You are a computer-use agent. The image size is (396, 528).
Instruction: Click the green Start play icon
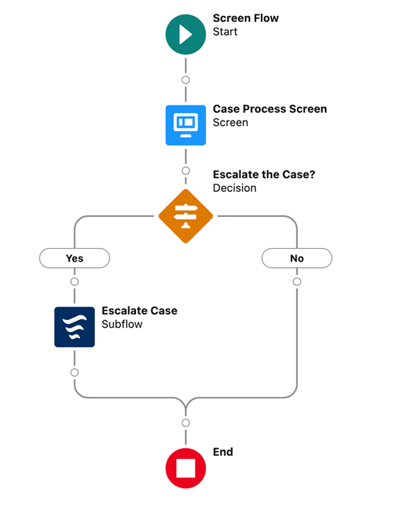(x=185, y=35)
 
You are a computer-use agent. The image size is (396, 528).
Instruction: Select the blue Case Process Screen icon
(x=185, y=124)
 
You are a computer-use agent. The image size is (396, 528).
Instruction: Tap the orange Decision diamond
(x=185, y=215)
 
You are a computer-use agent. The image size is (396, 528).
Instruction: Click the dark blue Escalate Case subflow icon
(x=74, y=327)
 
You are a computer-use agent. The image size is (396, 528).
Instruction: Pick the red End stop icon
(x=185, y=467)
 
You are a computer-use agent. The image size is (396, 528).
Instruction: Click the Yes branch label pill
(x=74, y=258)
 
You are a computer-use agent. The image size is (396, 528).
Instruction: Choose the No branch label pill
(x=296, y=258)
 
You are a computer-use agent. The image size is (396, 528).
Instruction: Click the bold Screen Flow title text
(x=246, y=18)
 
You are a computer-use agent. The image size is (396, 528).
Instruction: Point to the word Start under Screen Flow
(x=225, y=32)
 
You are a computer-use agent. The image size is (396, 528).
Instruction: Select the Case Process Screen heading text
(x=270, y=108)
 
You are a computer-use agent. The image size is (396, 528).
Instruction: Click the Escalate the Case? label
(x=264, y=174)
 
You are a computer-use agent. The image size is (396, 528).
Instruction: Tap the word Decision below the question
(x=236, y=187)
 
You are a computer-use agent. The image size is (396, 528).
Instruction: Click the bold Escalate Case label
(x=139, y=311)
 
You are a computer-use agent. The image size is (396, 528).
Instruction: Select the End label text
(x=223, y=451)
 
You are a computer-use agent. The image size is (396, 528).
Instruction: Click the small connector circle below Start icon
(x=185, y=80)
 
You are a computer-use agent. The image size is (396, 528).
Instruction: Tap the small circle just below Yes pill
(x=74, y=281)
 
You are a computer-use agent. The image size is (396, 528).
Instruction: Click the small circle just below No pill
(x=296, y=281)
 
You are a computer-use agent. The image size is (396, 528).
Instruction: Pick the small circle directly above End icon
(x=185, y=423)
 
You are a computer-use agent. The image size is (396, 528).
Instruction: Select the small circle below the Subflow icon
(x=74, y=372)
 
